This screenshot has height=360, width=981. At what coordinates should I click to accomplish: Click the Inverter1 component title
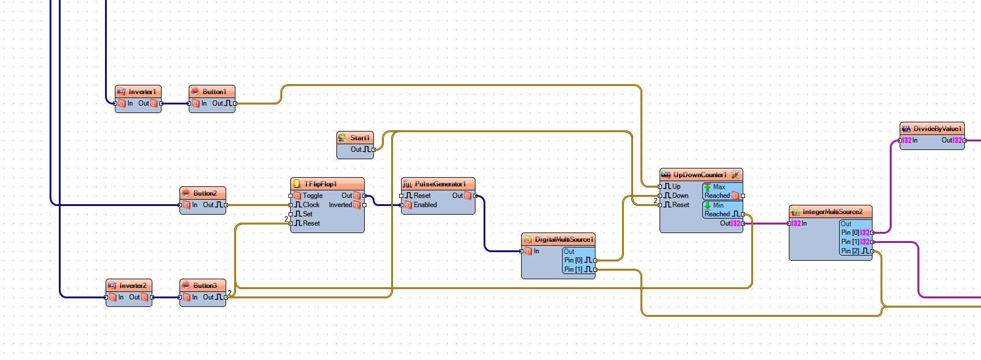point(142,92)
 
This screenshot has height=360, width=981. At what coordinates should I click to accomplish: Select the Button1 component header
point(214,92)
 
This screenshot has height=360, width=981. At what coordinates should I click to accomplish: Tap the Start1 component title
point(359,138)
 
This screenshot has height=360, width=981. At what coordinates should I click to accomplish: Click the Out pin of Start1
point(373,149)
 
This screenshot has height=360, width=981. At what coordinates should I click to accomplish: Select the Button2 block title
point(205,193)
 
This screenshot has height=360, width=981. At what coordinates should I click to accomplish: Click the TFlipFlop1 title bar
point(328,184)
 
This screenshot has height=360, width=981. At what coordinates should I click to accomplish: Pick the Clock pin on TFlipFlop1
point(291,205)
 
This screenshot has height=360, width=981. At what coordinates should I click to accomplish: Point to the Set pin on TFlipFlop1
point(291,214)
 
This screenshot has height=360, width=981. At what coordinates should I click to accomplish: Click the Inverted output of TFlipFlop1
point(364,205)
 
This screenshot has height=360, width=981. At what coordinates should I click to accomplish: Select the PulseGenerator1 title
point(440,184)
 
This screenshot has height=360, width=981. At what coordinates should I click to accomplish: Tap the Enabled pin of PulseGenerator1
point(402,205)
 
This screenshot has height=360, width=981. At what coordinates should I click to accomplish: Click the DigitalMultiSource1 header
point(564,239)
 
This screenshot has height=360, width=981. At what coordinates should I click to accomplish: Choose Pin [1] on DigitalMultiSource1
point(594,269)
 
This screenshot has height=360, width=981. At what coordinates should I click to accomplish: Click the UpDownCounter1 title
point(700,175)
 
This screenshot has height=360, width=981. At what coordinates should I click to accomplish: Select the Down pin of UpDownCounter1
point(661,196)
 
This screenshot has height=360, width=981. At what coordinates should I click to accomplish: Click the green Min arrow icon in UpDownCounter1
point(707,205)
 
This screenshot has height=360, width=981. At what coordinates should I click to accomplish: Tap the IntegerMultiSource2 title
point(832,212)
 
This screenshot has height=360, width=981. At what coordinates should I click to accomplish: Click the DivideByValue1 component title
point(938,129)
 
